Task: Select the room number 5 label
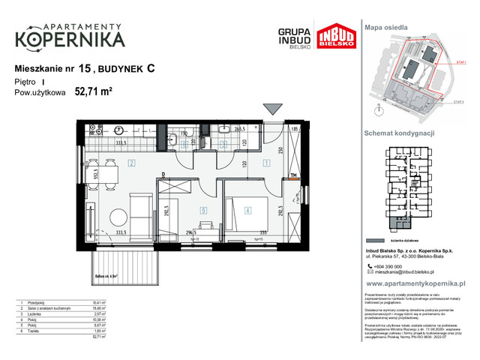point(203,211)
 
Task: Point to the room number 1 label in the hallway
point(265,163)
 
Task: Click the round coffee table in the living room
point(118,218)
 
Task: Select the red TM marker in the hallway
point(294,177)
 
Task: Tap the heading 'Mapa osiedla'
point(386,26)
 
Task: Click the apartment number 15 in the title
point(83,68)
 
